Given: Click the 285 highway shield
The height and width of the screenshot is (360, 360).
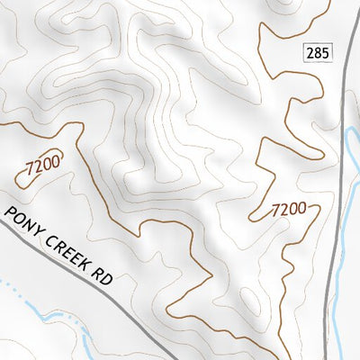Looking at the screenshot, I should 318,53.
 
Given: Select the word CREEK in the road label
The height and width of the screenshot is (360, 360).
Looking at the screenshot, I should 65,247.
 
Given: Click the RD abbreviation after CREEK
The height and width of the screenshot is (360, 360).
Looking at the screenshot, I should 103,275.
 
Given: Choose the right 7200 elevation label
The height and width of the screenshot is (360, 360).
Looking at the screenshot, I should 289,210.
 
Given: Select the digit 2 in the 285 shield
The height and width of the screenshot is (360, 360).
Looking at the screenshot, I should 310,53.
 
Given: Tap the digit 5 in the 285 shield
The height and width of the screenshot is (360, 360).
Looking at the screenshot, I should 325,53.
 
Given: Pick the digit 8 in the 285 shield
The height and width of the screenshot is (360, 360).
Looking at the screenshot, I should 318,53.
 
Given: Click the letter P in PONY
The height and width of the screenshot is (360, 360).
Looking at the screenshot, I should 13,213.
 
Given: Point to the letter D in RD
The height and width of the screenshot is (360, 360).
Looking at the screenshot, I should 107,279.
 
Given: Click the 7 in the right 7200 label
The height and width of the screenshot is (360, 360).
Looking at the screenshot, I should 276,211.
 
